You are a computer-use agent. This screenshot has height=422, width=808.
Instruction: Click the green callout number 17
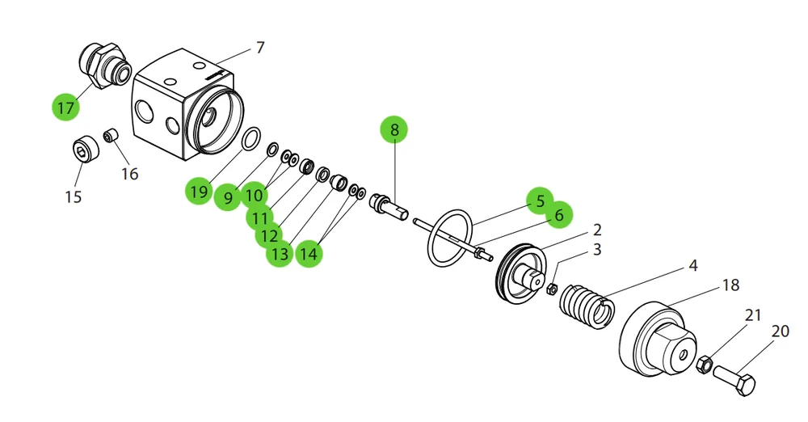tap(66, 108)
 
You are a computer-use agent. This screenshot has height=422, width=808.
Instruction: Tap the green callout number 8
tap(394, 129)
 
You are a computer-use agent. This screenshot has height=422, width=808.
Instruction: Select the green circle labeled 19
tap(199, 192)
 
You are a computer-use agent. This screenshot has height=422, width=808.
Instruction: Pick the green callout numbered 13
tap(280, 254)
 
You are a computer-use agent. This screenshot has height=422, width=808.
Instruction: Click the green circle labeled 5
tap(540, 200)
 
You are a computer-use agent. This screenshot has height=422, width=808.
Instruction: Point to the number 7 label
tap(260, 48)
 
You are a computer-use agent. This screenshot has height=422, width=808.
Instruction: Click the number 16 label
tap(130, 173)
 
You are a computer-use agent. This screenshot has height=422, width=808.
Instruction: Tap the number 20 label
tap(781, 331)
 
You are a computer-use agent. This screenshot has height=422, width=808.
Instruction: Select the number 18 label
tap(730, 285)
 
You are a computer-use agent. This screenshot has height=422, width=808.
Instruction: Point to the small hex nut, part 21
tap(704, 365)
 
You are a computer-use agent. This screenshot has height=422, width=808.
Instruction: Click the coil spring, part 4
tap(587, 306)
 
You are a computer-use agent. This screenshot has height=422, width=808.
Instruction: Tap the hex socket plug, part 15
tap(85, 150)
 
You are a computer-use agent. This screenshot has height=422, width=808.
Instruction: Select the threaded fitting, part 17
tap(103, 65)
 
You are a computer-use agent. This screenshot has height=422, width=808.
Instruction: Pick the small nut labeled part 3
tap(551, 289)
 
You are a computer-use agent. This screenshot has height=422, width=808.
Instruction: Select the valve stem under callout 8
tap(389, 208)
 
